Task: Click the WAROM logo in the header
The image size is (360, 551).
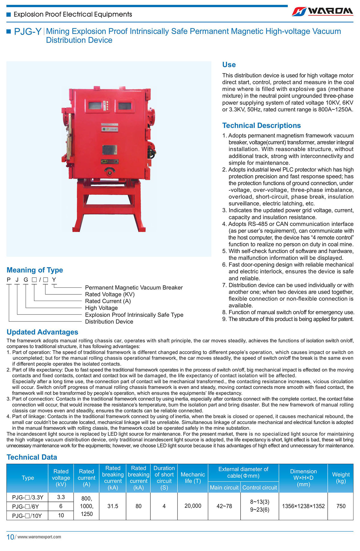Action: [x=322, y=11]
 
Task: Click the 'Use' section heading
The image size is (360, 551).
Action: [x=229, y=65]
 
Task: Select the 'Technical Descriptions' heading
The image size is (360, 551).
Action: [x=261, y=125]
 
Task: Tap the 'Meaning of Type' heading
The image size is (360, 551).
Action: [x=35, y=270]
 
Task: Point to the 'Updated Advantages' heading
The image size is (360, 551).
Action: [x=42, y=332]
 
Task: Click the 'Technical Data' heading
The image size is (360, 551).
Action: [x=32, y=457]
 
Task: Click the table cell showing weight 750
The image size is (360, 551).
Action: [x=341, y=506]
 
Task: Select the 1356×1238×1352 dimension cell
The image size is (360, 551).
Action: [x=303, y=506]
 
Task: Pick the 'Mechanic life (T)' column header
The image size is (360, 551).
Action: [x=193, y=477]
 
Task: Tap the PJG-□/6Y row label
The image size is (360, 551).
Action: [x=25, y=507]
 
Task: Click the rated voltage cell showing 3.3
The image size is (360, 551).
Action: [x=61, y=497]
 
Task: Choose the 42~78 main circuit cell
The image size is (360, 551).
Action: [x=224, y=506]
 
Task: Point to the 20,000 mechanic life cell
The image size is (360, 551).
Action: [x=193, y=506]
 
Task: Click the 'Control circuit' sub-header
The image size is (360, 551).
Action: [x=259, y=487]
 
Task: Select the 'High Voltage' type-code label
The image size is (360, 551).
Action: [x=101, y=308]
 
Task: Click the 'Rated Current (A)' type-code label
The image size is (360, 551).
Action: [x=108, y=301]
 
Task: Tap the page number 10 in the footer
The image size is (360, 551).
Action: [x=10, y=537]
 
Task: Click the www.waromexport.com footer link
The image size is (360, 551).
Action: [x=39, y=537]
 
